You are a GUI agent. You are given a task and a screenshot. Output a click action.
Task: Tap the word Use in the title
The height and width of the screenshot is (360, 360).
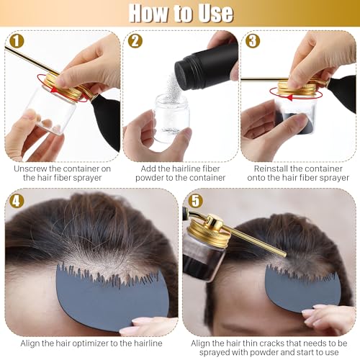tap(213, 13)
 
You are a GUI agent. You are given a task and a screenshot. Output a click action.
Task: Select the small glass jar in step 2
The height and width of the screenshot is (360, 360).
tap(171, 122)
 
